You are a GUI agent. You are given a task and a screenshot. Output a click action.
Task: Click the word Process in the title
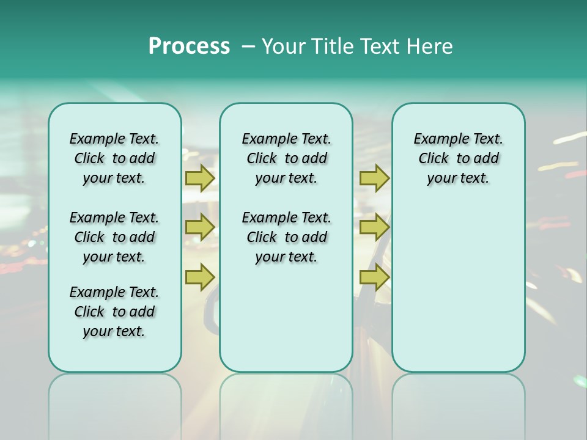coord(189,46)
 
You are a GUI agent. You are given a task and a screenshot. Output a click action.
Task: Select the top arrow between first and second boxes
coord(200,178)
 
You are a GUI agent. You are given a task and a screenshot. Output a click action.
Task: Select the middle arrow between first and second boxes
coord(200,227)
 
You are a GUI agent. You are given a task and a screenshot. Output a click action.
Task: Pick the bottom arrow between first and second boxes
coord(200,277)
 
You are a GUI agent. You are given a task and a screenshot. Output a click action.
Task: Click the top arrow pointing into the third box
coord(374,178)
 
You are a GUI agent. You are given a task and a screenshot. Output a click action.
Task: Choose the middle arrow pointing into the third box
coord(374,227)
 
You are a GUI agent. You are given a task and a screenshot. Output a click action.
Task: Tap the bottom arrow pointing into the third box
coord(374,277)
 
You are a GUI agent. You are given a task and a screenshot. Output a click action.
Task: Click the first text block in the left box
coord(114,158)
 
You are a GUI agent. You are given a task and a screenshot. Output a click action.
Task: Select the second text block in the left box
coord(114,237)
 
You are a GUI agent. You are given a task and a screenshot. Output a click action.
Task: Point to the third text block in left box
coord(114,312)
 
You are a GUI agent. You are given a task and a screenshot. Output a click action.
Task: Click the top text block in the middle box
coord(286,158)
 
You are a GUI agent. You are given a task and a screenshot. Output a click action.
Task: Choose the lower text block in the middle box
coord(286,237)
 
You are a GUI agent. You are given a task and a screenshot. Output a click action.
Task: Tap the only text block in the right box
coord(458,158)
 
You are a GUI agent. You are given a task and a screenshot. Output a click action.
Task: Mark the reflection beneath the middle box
coord(286,403)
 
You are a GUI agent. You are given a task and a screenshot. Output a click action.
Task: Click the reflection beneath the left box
coord(114,403)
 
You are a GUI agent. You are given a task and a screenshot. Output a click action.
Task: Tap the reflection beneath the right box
coord(458,403)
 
